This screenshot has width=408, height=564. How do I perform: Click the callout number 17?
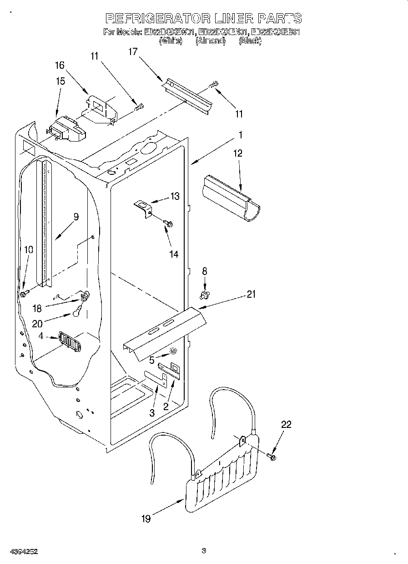click(132, 52)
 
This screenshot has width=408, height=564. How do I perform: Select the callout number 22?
click(286, 424)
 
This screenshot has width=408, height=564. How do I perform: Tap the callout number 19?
click(146, 518)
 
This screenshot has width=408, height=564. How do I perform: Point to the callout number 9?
click(76, 217)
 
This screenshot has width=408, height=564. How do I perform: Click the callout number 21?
click(251, 295)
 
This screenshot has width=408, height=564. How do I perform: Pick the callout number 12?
click(238, 153)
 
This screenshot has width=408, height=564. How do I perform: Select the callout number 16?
click(60, 66)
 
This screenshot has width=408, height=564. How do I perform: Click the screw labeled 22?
click(272, 456)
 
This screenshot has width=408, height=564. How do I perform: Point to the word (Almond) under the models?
click(210, 41)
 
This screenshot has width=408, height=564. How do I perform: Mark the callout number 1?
click(241, 135)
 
